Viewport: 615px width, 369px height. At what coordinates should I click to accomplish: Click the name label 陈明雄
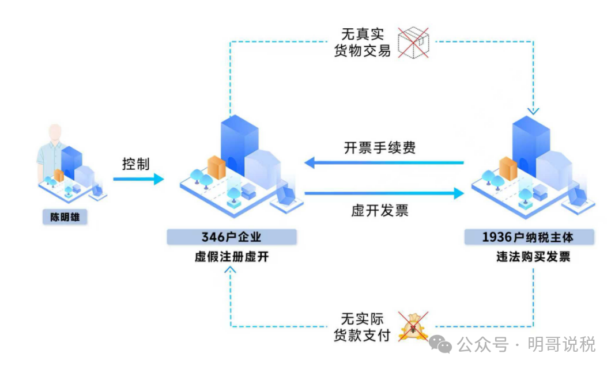pos(65,218)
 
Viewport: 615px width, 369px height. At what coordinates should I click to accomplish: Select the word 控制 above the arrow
pos(135,164)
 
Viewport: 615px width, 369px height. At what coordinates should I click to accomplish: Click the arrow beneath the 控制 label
pos(138,180)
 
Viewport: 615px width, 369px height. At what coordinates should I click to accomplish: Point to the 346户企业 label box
pos(232,237)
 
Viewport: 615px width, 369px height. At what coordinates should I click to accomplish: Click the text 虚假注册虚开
pos(232,257)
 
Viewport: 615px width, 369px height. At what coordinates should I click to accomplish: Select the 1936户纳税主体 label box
pos(530,237)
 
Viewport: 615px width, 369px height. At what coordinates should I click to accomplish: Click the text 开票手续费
pos(380,148)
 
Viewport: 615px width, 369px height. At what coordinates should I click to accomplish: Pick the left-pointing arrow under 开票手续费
pos(384,163)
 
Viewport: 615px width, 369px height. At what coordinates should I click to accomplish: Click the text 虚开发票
pos(380,211)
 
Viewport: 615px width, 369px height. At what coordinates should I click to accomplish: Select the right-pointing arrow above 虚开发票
pos(384,194)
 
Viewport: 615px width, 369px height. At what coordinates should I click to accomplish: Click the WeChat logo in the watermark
pos(443,345)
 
